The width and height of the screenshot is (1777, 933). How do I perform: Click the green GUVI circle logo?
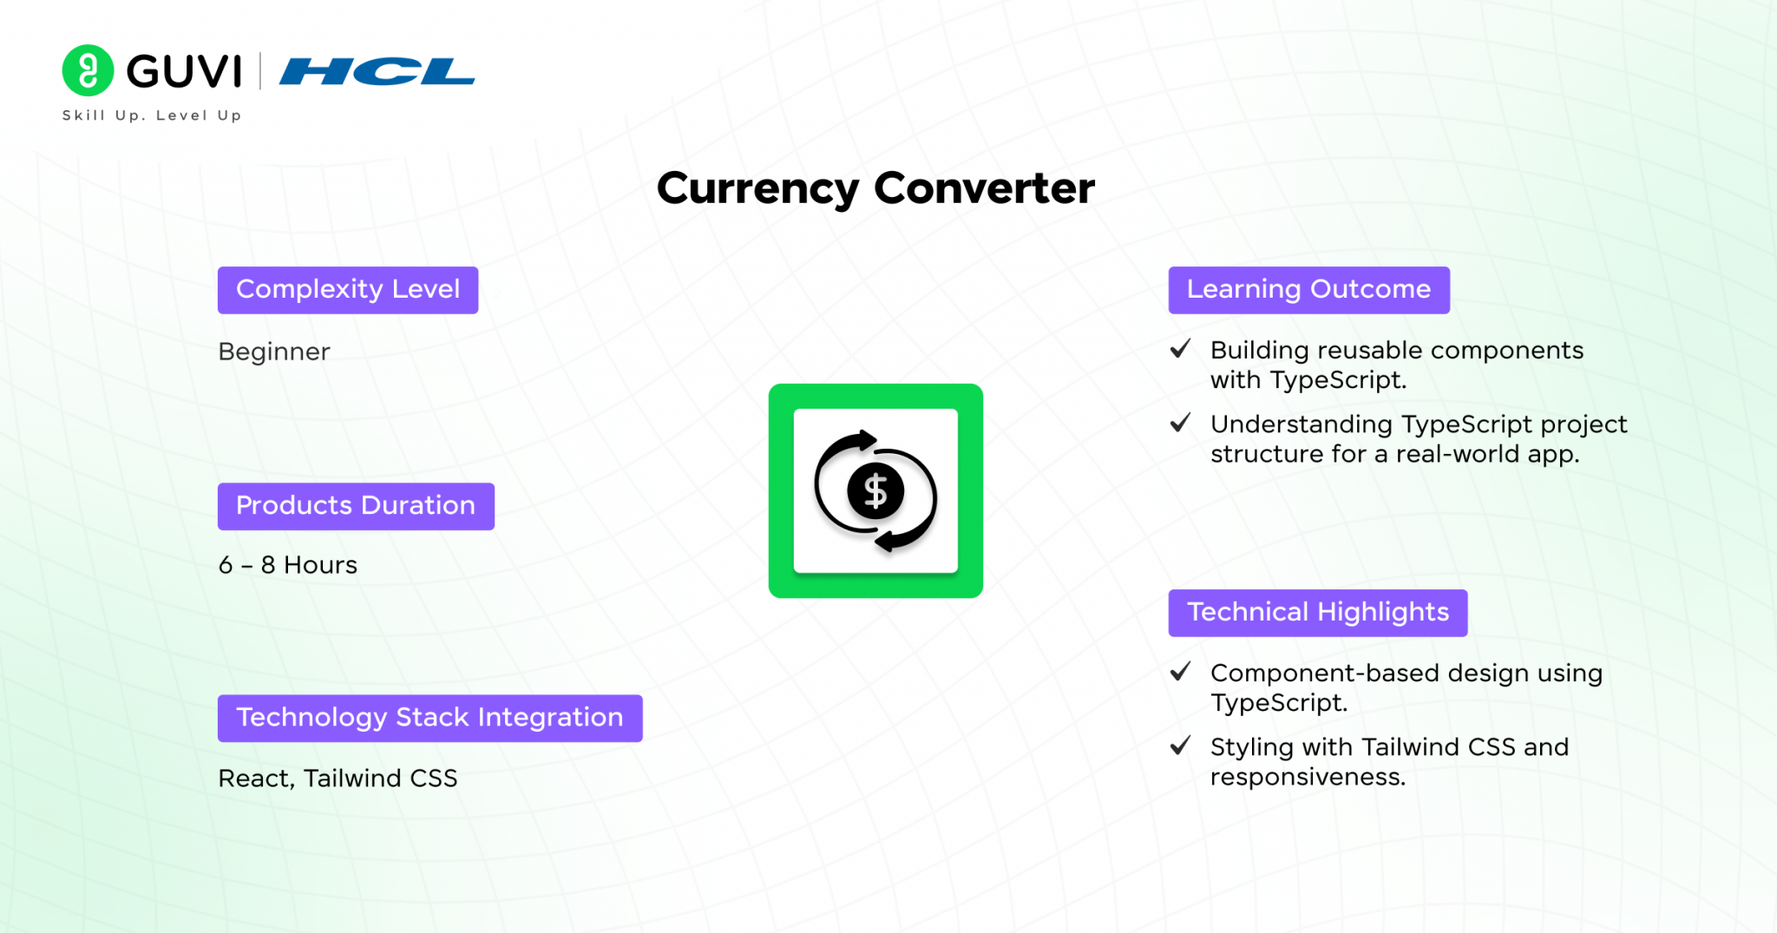[88, 70]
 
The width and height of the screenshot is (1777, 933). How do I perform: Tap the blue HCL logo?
[377, 71]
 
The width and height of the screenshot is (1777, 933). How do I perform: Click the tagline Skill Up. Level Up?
[152, 115]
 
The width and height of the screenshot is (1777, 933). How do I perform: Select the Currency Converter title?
[875, 188]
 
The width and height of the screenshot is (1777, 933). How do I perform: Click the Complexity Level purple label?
[348, 290]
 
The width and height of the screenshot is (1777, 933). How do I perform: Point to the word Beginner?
[274, 352]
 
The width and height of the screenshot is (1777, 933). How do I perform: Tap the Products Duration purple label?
[356, 506]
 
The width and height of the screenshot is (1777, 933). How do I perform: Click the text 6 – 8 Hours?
[288, 565]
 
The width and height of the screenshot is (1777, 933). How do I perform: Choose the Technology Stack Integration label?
[430, 718]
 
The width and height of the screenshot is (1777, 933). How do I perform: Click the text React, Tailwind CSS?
[338, 779]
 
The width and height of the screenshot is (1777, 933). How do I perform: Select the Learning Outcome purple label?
[1309, 290]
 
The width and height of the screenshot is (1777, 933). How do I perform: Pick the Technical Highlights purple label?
[1318, 613]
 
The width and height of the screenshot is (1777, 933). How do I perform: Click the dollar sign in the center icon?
[876, 491]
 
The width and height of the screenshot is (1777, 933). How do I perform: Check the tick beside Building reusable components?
[1180, 349]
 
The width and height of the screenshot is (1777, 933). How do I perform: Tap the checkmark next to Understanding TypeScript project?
[1180, 423]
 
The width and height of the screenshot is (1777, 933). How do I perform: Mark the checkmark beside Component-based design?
[1180, 672]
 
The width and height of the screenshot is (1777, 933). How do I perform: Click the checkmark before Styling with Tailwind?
[1180, 746]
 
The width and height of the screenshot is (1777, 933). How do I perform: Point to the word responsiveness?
[1308, 778]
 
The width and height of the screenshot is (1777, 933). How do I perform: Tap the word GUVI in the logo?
[184, 71]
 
